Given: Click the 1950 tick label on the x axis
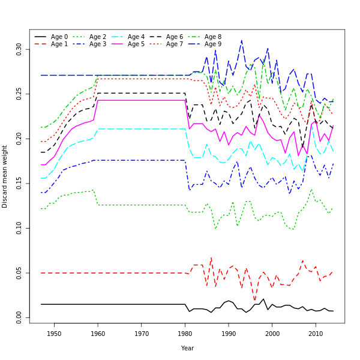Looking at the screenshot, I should (54, 334).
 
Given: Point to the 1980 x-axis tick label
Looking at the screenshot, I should (185, 334).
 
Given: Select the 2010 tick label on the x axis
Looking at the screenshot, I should (316, 334).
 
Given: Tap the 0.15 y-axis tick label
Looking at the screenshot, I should (19, 182).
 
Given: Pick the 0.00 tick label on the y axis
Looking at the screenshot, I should (19, 317).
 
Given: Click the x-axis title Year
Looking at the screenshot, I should (187, 348).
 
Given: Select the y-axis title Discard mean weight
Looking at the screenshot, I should (5, 176).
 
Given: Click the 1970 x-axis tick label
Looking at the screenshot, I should (142, 334).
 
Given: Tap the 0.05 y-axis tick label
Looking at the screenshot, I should (19, 272).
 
